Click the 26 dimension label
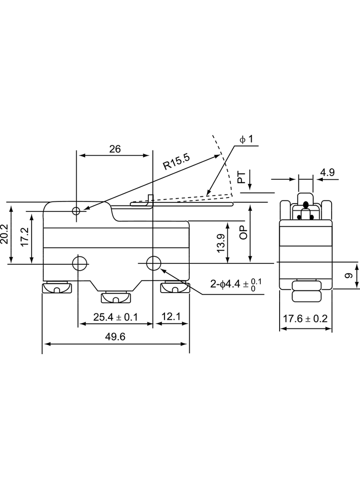coord(115,149)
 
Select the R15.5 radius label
coord(177,161)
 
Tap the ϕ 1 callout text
coord(246,139)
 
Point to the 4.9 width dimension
coord(327,172)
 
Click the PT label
coord(242,177)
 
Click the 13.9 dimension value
coord(220,243)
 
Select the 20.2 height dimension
coord(5,233)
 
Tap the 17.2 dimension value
coord(25,237)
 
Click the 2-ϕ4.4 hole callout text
coord(236,283)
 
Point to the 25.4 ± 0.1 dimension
coord(116,317)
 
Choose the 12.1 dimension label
coord(171,317)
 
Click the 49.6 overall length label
coord(115,337)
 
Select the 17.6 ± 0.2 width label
coord(305,319)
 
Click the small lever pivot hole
coord(76,211)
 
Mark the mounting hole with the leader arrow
coord(153,263)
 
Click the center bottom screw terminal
coord(115,297)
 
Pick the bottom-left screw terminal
coord(57,287)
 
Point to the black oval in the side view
coord(306,205)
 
